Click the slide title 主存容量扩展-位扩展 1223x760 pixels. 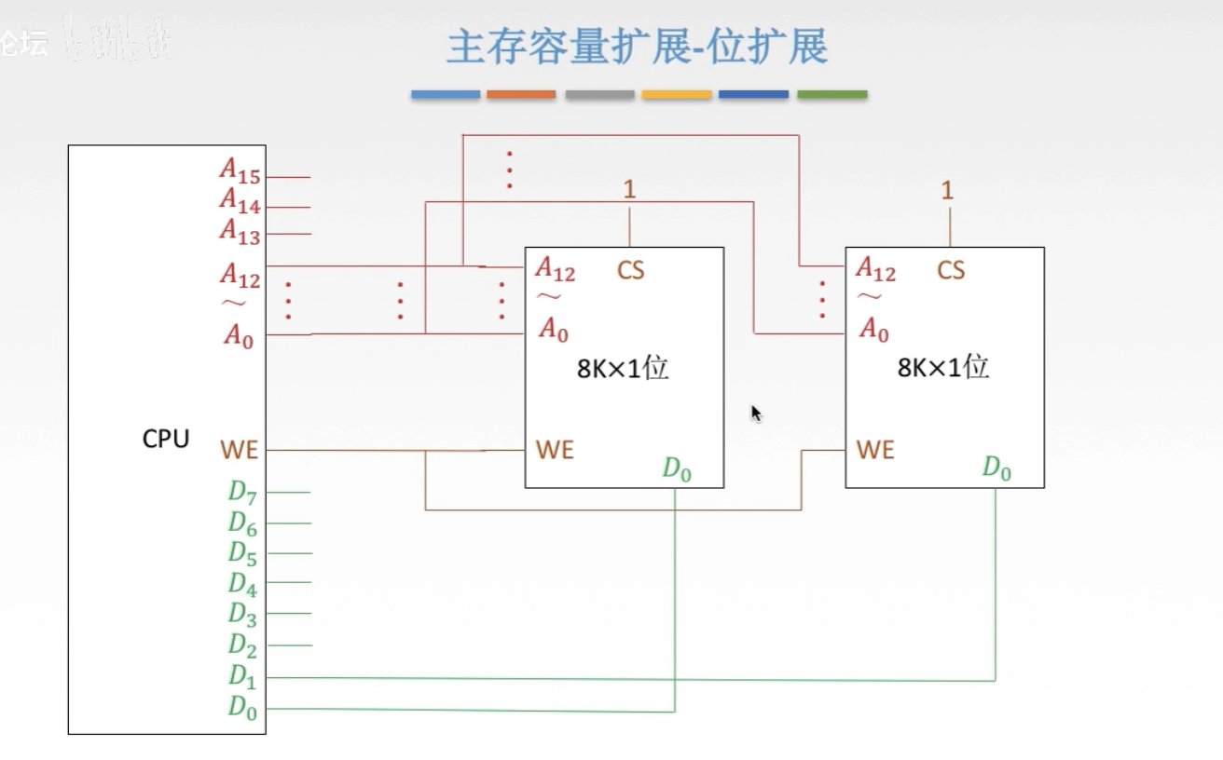[637, 47]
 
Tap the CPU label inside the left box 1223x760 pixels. [166, 439]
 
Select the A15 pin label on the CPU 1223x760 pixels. [240, 170]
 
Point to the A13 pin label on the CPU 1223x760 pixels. [240, 230]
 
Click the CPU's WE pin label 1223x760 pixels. [239, 451]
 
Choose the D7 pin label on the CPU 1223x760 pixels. [242, 492]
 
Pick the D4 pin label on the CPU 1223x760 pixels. [242, 583]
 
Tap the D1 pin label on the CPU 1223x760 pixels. [242, 674]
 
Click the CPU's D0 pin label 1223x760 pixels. [242, 707]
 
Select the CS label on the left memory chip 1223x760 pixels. [630, 270]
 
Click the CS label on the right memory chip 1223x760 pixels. [951, 270]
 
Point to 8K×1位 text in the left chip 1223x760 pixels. [623, 368]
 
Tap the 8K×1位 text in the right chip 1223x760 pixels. [943, 367]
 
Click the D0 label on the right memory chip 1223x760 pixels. [996, 468]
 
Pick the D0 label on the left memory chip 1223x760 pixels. [677, 469]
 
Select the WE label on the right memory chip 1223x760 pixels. [875, 451]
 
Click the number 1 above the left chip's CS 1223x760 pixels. [629, 190]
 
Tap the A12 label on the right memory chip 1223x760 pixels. [875, 269]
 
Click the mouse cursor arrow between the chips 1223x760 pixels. [756, 413]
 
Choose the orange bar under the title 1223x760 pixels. [521, 94]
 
